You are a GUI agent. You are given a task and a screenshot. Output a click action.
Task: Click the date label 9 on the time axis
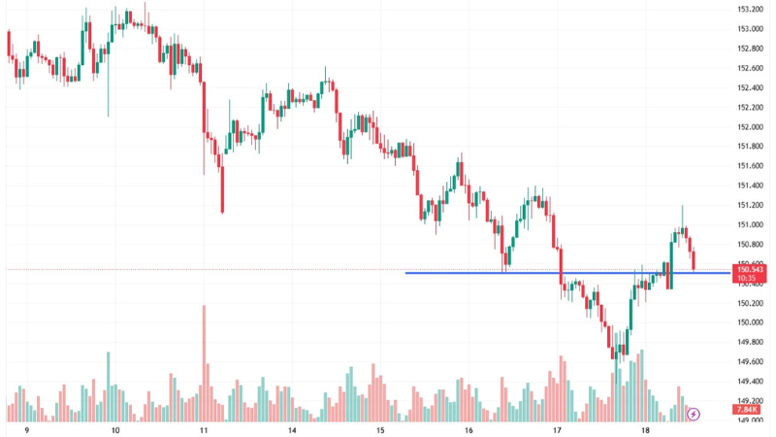tap(27, 429)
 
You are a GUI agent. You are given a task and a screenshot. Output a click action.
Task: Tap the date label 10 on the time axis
tap(115, 429)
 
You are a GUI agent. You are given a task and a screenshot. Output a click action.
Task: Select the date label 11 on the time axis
tap(204, 429)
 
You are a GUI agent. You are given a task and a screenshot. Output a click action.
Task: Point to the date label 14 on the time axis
tap(292, 429)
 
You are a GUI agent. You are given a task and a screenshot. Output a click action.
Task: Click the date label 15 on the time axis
tap(380, 429)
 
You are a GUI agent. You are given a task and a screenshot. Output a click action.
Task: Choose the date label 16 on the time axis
tap(469, 429)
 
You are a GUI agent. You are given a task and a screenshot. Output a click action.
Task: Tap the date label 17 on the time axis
tap(558, 429)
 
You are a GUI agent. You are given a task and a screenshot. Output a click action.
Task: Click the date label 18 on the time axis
tap(646, 429)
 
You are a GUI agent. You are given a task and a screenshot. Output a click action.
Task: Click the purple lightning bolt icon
tap(694, 415)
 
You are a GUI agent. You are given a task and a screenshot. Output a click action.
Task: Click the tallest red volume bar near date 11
tap(205, 359)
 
